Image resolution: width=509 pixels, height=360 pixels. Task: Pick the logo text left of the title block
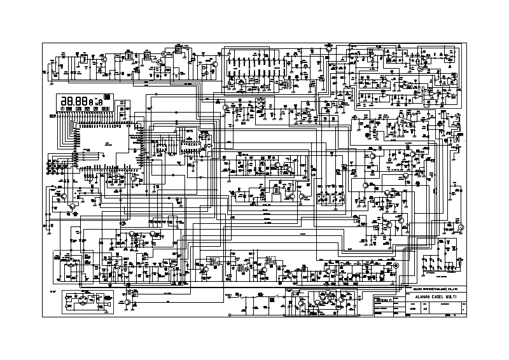[x=386, y=298]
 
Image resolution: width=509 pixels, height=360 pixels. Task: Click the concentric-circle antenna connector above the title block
[x=396, y=265]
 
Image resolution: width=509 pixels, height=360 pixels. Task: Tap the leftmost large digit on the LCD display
[x=65, y=100]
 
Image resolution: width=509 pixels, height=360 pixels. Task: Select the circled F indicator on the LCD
[x=62, y=109]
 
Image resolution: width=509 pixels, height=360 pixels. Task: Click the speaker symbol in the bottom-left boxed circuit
[x=111, y=305]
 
